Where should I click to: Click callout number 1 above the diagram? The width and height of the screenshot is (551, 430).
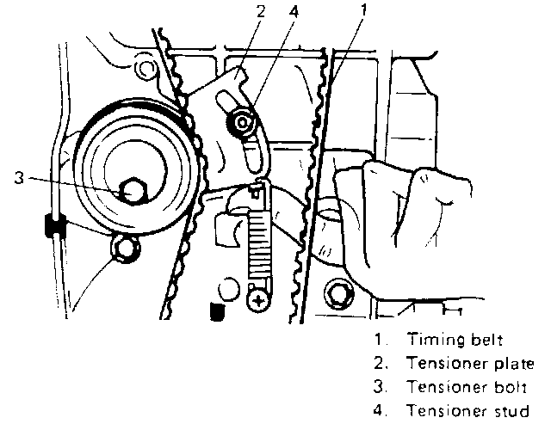pyautogui.click(x=364, y=9)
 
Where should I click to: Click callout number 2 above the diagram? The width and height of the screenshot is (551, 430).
pyautogui.click(x=260, y=11)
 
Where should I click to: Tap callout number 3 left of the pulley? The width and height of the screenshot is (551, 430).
pyautogui.click(x=19, y=177)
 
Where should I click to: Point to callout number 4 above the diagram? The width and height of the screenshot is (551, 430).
pyautogui.click(x=294, y=11)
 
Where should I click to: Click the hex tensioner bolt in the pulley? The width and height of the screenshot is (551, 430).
pyautogui.click(x=133, y=191)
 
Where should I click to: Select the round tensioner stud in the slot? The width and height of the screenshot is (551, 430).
pyautogui.click(x=242, y=122)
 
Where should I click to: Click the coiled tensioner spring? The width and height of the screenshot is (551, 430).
pyautogui.click(x=259, y=243)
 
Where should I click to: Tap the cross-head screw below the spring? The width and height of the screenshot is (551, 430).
pyautogui.click(x=258, y=301)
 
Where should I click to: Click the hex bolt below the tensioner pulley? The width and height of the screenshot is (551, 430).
pyautogui.click(x=126, y=249)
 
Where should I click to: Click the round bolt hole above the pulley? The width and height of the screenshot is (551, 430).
pyautogui.click(x=144, y=69)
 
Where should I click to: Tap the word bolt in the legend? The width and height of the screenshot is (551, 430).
pyautogui.click(x=511, y=387)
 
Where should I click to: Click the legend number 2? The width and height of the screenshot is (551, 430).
pyautogui.click(x=380, y=363)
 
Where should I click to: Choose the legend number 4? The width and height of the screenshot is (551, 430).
pyautogui.click(x=380, y=410)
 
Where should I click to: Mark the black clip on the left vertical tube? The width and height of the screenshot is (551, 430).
pyautogui.click(x=55, y=225)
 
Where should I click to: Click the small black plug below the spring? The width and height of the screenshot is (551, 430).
pyautogui.click(x=217, y=310)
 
